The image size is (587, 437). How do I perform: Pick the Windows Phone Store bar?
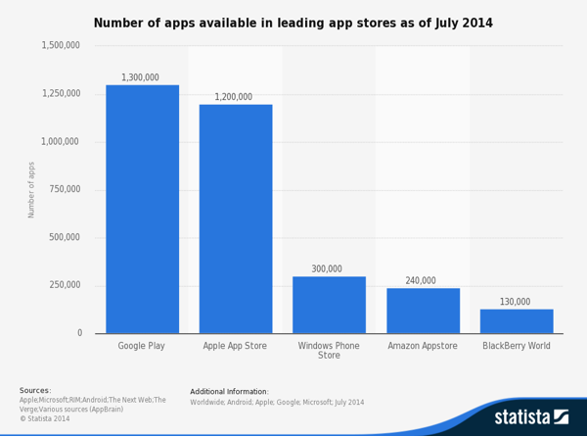329,305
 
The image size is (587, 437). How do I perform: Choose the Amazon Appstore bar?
423,311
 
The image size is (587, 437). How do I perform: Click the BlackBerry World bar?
517,321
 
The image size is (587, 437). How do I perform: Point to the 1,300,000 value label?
140,77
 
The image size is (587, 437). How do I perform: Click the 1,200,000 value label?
234,97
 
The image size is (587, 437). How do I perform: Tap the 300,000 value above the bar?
327,268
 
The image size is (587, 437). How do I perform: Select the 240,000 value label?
421,280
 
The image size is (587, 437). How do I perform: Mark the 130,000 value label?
515,302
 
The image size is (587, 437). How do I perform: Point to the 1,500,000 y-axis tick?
61,45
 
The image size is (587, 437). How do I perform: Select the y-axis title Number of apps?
31,189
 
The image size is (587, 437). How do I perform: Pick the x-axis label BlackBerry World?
517,346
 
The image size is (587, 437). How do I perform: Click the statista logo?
531,416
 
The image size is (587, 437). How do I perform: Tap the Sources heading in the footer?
35,390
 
